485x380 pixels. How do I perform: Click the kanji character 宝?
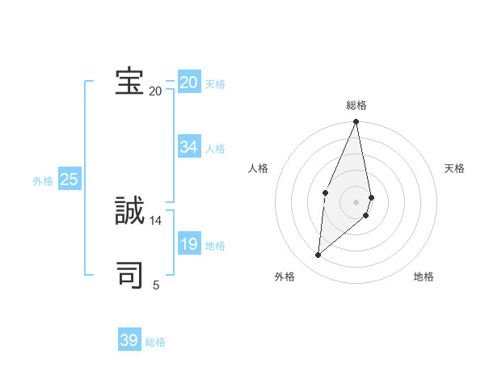pyautogui.click(x=129, y=82)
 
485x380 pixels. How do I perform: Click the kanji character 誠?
pyautogui.click(x=129, y=211)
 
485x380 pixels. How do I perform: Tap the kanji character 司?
pyautogui.click(x=129, y=275)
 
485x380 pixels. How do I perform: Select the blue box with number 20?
pyautogui.click(x=188, y=82)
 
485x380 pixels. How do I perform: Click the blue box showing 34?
pyautogui.click(x=188, y=147)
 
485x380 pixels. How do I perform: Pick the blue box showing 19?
pyautogui.click(x=188, y=244)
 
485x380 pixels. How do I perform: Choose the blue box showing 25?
pyautogui.click(x=69, y=179)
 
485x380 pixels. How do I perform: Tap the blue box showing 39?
pyautogui.click(x=129, y=340)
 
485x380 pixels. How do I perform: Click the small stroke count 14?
pyautogui.click(x=156, y=220)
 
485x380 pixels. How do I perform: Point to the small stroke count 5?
pyautogui.click(x=156, y=285)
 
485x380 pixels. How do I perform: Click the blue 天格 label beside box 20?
pyautogui.click(x=215, y=84)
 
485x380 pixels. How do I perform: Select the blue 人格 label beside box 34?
pyautogui.click(x=215, y=149)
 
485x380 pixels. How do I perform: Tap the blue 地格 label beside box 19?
pyautogui.click(x=215, y=246)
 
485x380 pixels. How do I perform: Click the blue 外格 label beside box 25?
pyautogui.click(x=43, y=181)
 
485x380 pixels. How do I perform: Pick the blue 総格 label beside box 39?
pyautogui.click(x=155, y=342)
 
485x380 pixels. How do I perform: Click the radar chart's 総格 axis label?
pyautogui.click(x=356, y=105)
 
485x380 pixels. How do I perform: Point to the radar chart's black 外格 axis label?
pyautogui.click(x=285, y=277)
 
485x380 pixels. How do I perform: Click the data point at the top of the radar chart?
pyautogui.click(x=356, y=122)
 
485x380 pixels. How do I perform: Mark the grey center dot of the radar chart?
pyautogui.click(x=356, y=201)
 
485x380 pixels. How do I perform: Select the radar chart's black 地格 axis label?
pyautogui.click(x=424, y=277)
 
